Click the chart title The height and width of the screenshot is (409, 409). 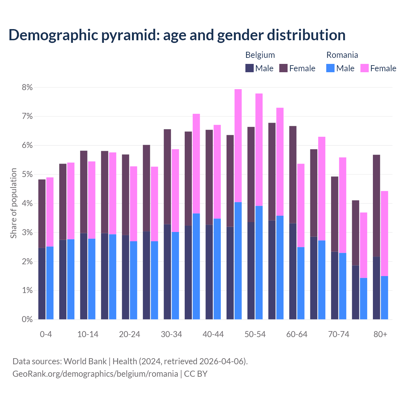pyautogui.click(x=177, y=35)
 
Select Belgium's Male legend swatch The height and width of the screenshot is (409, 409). pyautogui.click(x=250, y=68)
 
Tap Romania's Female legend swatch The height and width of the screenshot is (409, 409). pyautogui.click(x=365, y=68)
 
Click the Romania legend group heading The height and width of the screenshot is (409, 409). pyautogui.click(x=342, y=55)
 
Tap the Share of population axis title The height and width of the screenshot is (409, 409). pyautogui.click(x=13, y=203)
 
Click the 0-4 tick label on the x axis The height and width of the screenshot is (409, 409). pyautogui.click(x=46, y=335)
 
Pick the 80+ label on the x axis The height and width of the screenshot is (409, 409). pyautogui.click(x=380, y=335)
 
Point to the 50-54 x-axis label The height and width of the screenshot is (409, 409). pyautogui.click(x=255, y=335)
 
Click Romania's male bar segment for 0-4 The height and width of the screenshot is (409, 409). pyautogui.click(x=50, y=283)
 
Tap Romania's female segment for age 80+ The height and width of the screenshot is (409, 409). pyautogui.click(x=384, y=233)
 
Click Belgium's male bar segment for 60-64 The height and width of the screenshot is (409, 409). pyautogui.click(x=293, y=271)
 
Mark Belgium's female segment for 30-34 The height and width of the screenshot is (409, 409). pyautogui.click(x=167, y=177)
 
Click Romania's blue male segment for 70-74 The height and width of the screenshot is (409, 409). pyautogui.click(x=343, y=286)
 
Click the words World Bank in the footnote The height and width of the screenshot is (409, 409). pyautogui.click(x=85, y=361)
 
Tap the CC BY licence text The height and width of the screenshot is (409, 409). pyautogui.click(x=196, y=374)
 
